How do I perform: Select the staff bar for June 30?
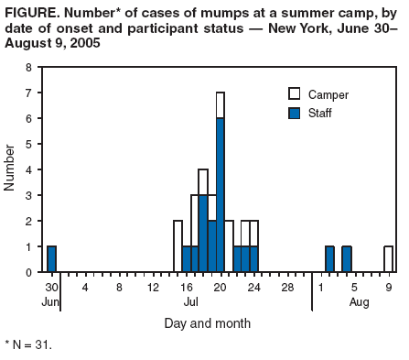pos(52,259)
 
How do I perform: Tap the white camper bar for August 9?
pos(389,259)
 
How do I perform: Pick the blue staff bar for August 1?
pos(329,259)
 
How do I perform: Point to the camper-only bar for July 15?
pos(178,246)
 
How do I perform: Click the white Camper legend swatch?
pos(295,94)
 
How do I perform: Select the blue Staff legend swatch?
pos(295,113)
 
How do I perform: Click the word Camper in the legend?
pos(328,94)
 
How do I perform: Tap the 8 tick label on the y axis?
pos(29,68)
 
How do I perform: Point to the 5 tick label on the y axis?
pos(29,145)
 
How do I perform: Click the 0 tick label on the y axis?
pos(29,273)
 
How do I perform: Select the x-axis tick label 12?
pos(153,287)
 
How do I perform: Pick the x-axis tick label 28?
pos(287,287)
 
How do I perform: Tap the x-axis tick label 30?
pos(52,287)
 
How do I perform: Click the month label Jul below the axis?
pos(190,300)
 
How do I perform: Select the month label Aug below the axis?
pos(359,300)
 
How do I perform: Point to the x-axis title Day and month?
pos(207,322)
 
